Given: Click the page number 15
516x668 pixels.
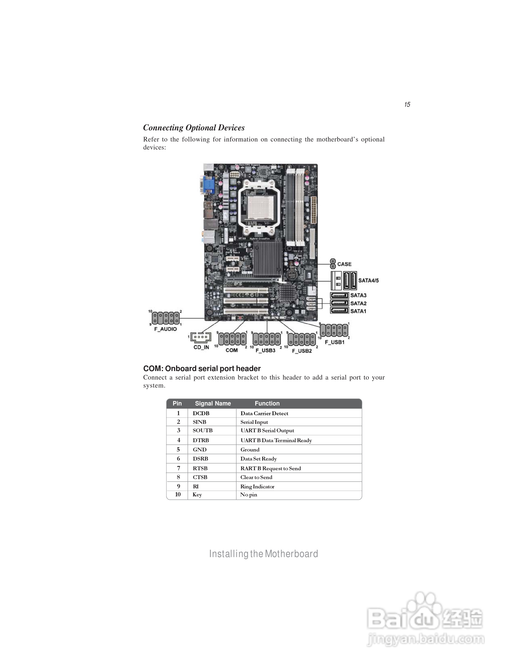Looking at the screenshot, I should [407, 105].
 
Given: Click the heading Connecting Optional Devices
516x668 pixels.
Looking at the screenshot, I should [194, 128].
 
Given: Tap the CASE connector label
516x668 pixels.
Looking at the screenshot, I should [344, 264].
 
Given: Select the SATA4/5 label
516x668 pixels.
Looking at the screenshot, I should [368, 280].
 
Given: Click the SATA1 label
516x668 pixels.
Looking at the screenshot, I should [358, 311].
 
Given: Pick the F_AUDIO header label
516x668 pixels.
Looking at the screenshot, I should [165, 329].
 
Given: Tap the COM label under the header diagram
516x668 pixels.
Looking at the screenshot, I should [231, 350].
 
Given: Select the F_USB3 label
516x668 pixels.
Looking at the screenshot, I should [265, 350].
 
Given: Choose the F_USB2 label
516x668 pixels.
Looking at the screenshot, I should [302, 351].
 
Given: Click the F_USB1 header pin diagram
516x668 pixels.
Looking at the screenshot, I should [334, 330].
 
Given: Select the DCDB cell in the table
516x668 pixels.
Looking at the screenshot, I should [201, 413].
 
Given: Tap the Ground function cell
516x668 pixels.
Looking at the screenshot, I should [250, 450].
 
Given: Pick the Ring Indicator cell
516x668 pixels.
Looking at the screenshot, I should [257, 487].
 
